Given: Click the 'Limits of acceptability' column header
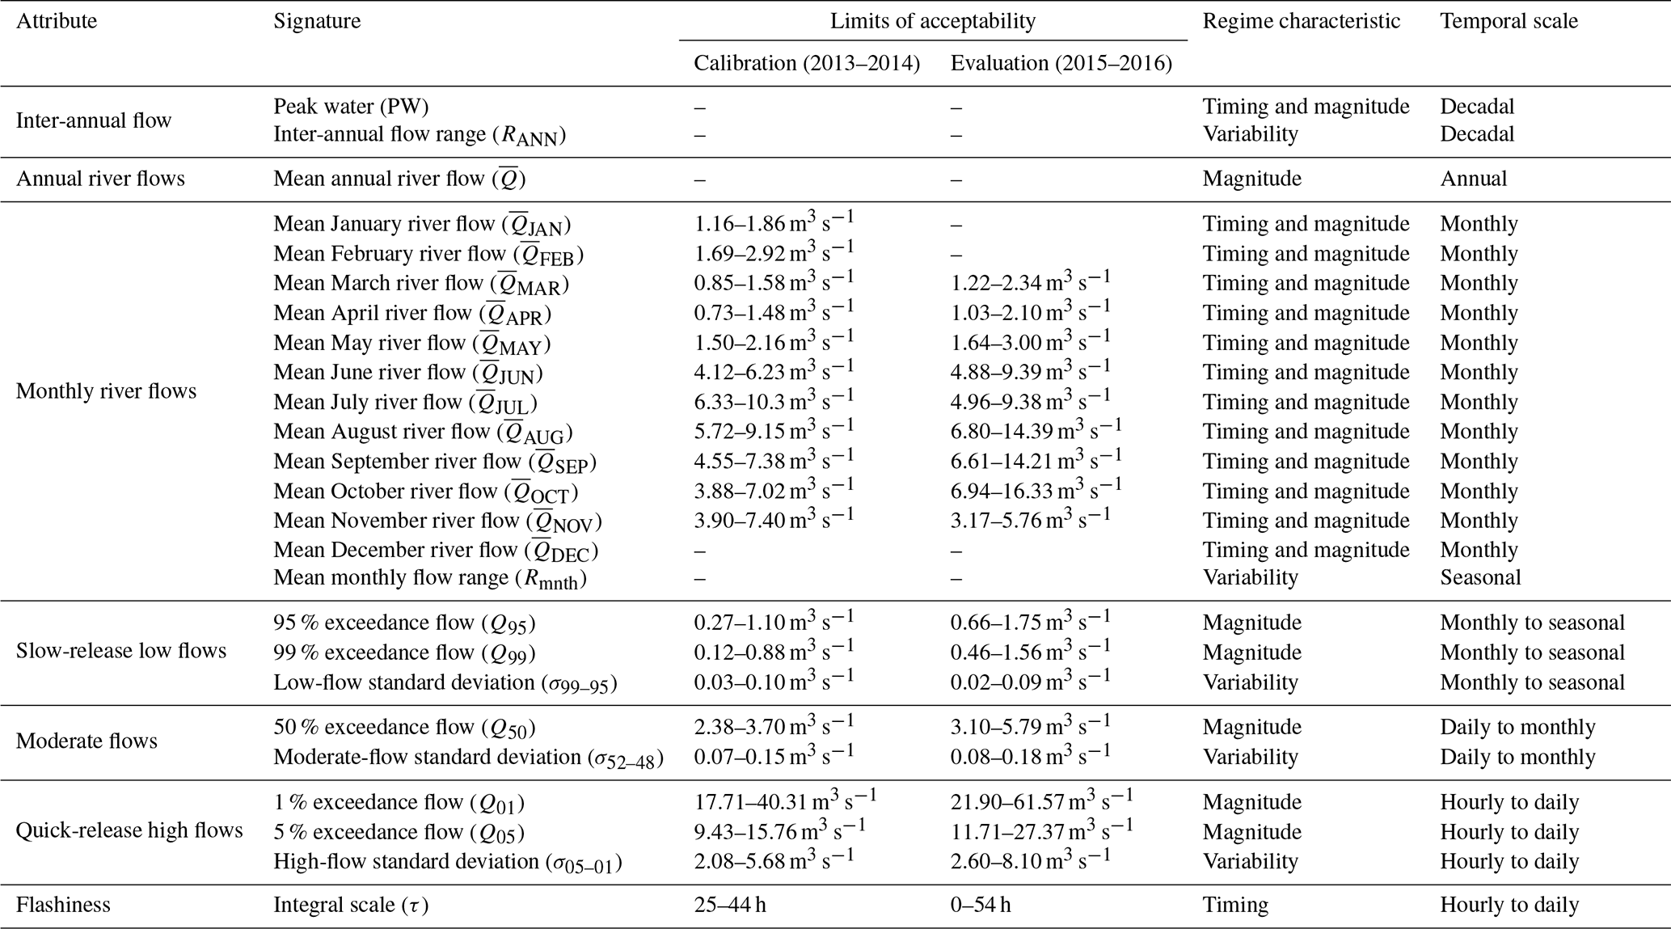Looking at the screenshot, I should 932,21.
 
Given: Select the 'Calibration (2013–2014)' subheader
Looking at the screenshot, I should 807,63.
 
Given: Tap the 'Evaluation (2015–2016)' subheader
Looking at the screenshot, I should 1061,63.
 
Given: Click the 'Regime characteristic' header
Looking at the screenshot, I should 1302,21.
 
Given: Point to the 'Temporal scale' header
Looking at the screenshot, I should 1509,21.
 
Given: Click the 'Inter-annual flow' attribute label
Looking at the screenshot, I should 94,120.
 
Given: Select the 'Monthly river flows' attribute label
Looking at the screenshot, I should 106,391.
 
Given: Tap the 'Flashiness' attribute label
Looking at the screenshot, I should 63,904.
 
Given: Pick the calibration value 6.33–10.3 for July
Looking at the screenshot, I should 774,401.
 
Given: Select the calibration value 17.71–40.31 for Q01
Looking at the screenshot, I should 785,801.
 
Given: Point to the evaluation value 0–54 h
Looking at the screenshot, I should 980,904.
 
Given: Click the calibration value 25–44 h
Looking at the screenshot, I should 730,904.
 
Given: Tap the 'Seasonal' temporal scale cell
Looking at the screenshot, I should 1480,577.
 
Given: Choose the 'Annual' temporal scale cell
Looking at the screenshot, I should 1473,178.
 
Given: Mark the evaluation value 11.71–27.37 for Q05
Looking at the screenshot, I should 1041,831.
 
